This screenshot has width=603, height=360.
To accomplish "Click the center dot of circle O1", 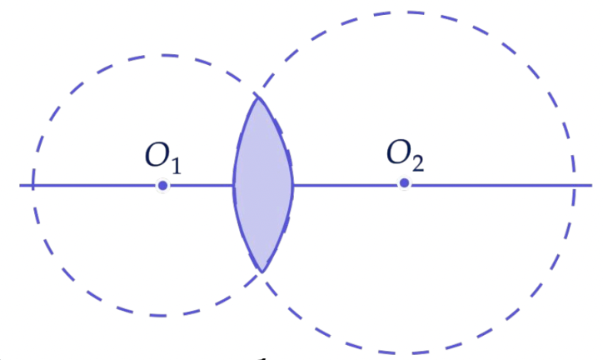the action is click(x=162, y=186).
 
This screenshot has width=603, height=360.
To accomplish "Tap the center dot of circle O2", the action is click(x=404, y=183).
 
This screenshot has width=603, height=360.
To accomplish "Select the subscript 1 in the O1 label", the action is click(x=176, y=166).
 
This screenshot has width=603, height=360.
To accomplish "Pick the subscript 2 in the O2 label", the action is click(x=417, y=163).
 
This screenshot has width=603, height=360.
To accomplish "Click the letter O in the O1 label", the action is click(x=157, y=155).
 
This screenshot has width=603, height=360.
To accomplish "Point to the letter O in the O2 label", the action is click(x=399, y=152).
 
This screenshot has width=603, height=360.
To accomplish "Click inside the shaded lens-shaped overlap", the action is click(x=263, y=185).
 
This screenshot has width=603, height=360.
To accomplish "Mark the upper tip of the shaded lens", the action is click(x=258, y=97).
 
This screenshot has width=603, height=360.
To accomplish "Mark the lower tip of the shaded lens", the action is click(x=262, y=272).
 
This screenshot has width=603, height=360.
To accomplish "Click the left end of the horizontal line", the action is click(x=20, y=186).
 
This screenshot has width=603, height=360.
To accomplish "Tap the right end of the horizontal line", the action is click(x=591, y=185).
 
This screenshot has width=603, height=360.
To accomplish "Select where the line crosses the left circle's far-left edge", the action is click(x=33, y=186).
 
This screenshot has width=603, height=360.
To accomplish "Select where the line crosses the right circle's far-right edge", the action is click(x=573, y=185).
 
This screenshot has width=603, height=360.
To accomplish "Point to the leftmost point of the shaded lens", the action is click(x=233, y=186).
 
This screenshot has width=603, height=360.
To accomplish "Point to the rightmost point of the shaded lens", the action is click(x=292, y=185).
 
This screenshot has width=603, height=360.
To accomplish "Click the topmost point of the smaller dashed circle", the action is click(x=162, y=55).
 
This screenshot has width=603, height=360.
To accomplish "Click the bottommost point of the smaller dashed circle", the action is click(x=160, y=316).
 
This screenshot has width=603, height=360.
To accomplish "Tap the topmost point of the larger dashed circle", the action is click(x=407, y=12).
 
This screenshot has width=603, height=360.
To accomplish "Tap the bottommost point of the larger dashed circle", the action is click(x=400, y=352).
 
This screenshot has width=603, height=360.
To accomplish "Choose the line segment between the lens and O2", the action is click(x=346, y=185).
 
